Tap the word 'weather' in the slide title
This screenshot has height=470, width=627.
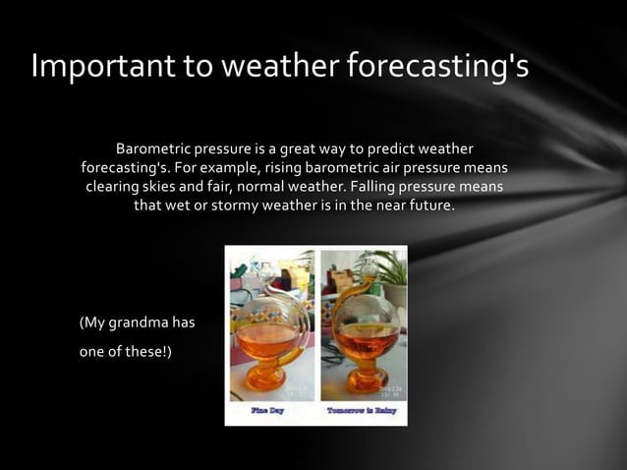pyautogui.click(x=276, y=66)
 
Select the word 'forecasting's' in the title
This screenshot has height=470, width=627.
pyautogui.click(x=437, y=67)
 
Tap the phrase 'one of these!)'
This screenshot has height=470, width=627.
pyautogui.click(x=125, y=353)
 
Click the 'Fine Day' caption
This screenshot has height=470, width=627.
pyautogui.click(x=267, y=410)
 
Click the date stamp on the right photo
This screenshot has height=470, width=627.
pyautogui.click(x=386, y=390)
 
